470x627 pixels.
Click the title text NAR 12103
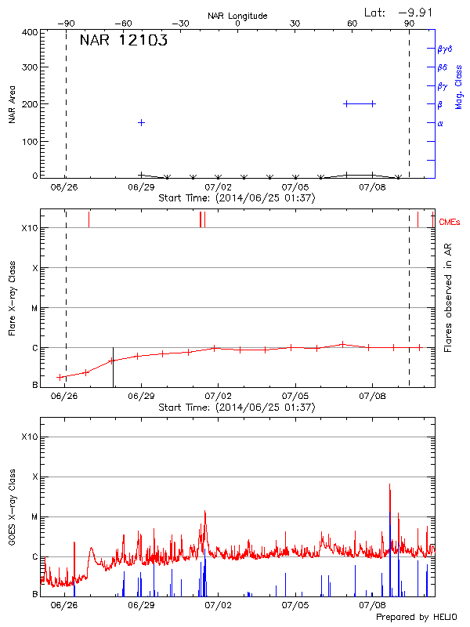click(124, 42)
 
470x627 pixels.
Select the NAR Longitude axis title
click(237, 16)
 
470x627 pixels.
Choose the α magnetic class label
click(440, 123)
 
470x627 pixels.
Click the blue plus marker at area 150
click(141, 122)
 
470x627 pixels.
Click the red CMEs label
click(450, 223)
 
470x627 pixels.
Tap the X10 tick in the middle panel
click(30, 228)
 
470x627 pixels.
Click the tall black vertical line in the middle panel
click(113, 367)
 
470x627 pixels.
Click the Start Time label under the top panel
click(237, 198)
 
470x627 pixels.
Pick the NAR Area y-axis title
click(12, 104)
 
